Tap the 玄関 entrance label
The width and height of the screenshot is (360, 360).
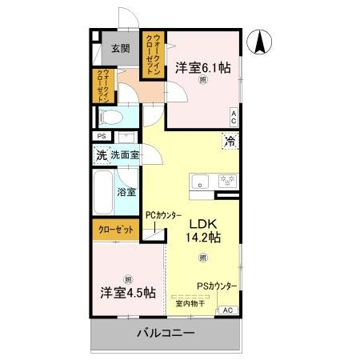click(120, 48)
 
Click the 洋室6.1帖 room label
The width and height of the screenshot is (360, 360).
click(203, 68)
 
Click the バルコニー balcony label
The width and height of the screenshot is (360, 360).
click(165, 332)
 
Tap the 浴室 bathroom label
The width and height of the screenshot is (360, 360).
click(126, 192)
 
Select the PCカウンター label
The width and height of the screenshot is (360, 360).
click(163, 215)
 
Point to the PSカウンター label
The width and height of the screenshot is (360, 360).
click(218, 286)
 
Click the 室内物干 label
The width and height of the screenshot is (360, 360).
click(190, 302)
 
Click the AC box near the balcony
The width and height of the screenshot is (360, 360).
click(226, 310)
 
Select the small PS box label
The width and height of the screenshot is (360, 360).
click(101, 137)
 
